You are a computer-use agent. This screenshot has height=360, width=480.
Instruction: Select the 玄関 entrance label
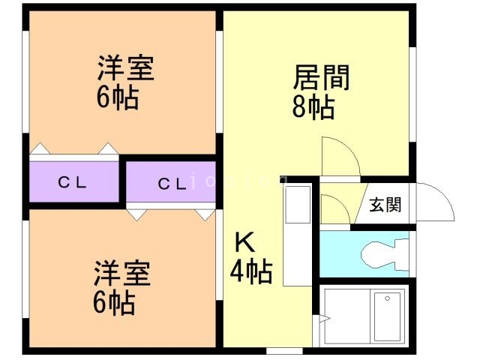point(385,204)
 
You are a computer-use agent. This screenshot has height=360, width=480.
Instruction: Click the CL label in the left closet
point(73,182)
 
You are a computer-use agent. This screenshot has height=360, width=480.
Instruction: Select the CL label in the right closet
point(172,183)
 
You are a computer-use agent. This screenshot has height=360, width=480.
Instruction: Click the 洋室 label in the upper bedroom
point(125,69)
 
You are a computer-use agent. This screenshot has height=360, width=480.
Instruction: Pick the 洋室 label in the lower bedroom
point(122,273)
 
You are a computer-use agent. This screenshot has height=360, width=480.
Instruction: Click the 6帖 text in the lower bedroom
point(114,304)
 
